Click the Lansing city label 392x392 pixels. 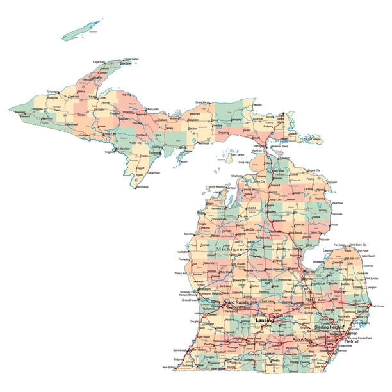click(x=264, y=318)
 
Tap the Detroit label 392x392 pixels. click(x=351, y=342)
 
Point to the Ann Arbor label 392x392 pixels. click(x=304, y=339)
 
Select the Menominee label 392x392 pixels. click(x=141, y=187)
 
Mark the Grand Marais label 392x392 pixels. click(x=204, y=102)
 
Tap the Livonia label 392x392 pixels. click(x=322, y=336)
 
